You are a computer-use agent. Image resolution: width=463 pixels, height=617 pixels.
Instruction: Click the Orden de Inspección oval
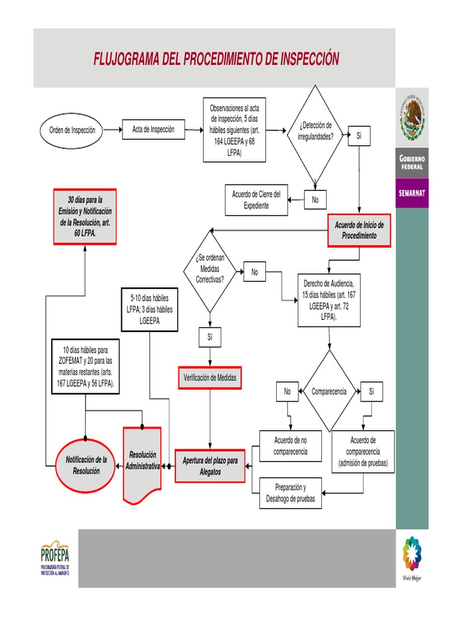pyautogui.click(x=72, y=130)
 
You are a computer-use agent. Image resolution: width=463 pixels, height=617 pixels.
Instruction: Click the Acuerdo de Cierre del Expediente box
pyautogui.click(x=256, y=200)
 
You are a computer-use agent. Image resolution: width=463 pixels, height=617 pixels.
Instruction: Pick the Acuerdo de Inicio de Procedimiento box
pyautogui.click(x=359, y=230)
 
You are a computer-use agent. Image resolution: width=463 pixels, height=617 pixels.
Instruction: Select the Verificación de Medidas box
pyautogui.click(x=210, y=378)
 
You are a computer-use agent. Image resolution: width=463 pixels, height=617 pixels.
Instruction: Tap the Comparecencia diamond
pyautogui.click(x=329, y=391)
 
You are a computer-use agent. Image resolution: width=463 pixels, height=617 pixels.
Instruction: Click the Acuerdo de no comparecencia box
pyautogui.click(x=291, y=446)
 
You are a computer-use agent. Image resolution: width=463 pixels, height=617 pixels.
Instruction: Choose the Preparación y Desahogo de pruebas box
pyautogui.click(x=291, y=493)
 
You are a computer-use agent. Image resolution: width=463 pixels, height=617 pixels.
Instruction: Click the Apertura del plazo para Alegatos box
pyautogui.click(x=210, y=466)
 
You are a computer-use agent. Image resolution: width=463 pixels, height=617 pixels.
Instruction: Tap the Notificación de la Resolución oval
pyautogui.click(x=86, y=466)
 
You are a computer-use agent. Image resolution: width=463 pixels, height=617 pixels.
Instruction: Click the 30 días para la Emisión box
pyautogui.click(x=86, y=216)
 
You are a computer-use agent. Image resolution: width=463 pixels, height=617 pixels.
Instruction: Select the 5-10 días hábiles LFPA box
pyautogui.click(x=150, y=310)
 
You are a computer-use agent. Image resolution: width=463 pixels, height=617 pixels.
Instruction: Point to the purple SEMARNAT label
pyautogui.click(x=412, y=193)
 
